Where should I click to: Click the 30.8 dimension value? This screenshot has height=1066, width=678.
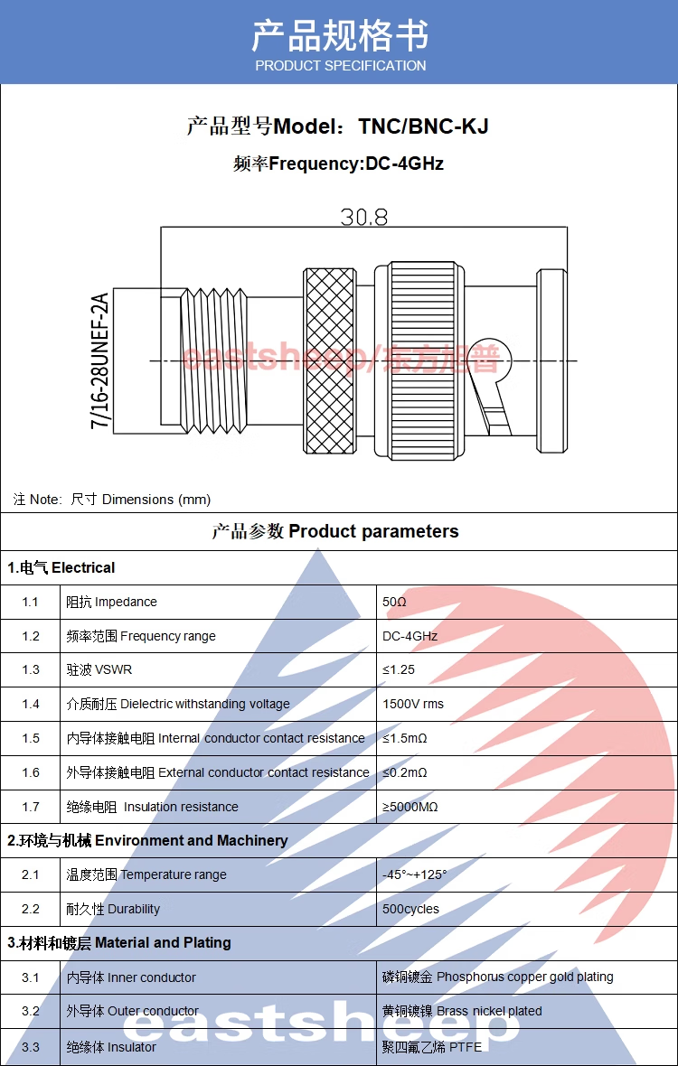click(x=363, y=217)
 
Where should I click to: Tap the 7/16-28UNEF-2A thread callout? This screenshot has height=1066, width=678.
click(x=100, y=361)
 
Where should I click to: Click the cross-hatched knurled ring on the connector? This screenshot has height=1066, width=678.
click(x=330, y=360)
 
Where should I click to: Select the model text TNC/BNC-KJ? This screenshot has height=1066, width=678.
click(x=424, y=126)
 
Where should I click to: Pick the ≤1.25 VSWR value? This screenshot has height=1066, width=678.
click(x=399, y=669)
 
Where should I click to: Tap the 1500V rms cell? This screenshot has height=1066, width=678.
click(x=413, y=704)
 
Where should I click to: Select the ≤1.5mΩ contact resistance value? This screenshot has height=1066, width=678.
click(x=405, y=738)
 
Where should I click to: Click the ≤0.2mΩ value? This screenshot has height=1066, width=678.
click(x=405, y=772)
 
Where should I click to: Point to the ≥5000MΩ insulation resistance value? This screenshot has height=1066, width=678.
click(x=410, y=807)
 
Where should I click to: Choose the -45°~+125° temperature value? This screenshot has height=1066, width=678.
click(x=415, y=875)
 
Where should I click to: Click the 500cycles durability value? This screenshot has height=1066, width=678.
click(x=410, y=909)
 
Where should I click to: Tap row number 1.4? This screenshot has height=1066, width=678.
click(x=30, y=704)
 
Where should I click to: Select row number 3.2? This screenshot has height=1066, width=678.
click(x=30, y=1011)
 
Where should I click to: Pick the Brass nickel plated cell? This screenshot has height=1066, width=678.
click(x=463, y=1011)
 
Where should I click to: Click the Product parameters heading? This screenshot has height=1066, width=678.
click(x=335, y=531)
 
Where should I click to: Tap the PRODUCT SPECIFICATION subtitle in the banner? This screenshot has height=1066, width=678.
click(x=341, y=66)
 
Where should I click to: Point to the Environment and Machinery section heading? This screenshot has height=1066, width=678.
click(x=147, y=841)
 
